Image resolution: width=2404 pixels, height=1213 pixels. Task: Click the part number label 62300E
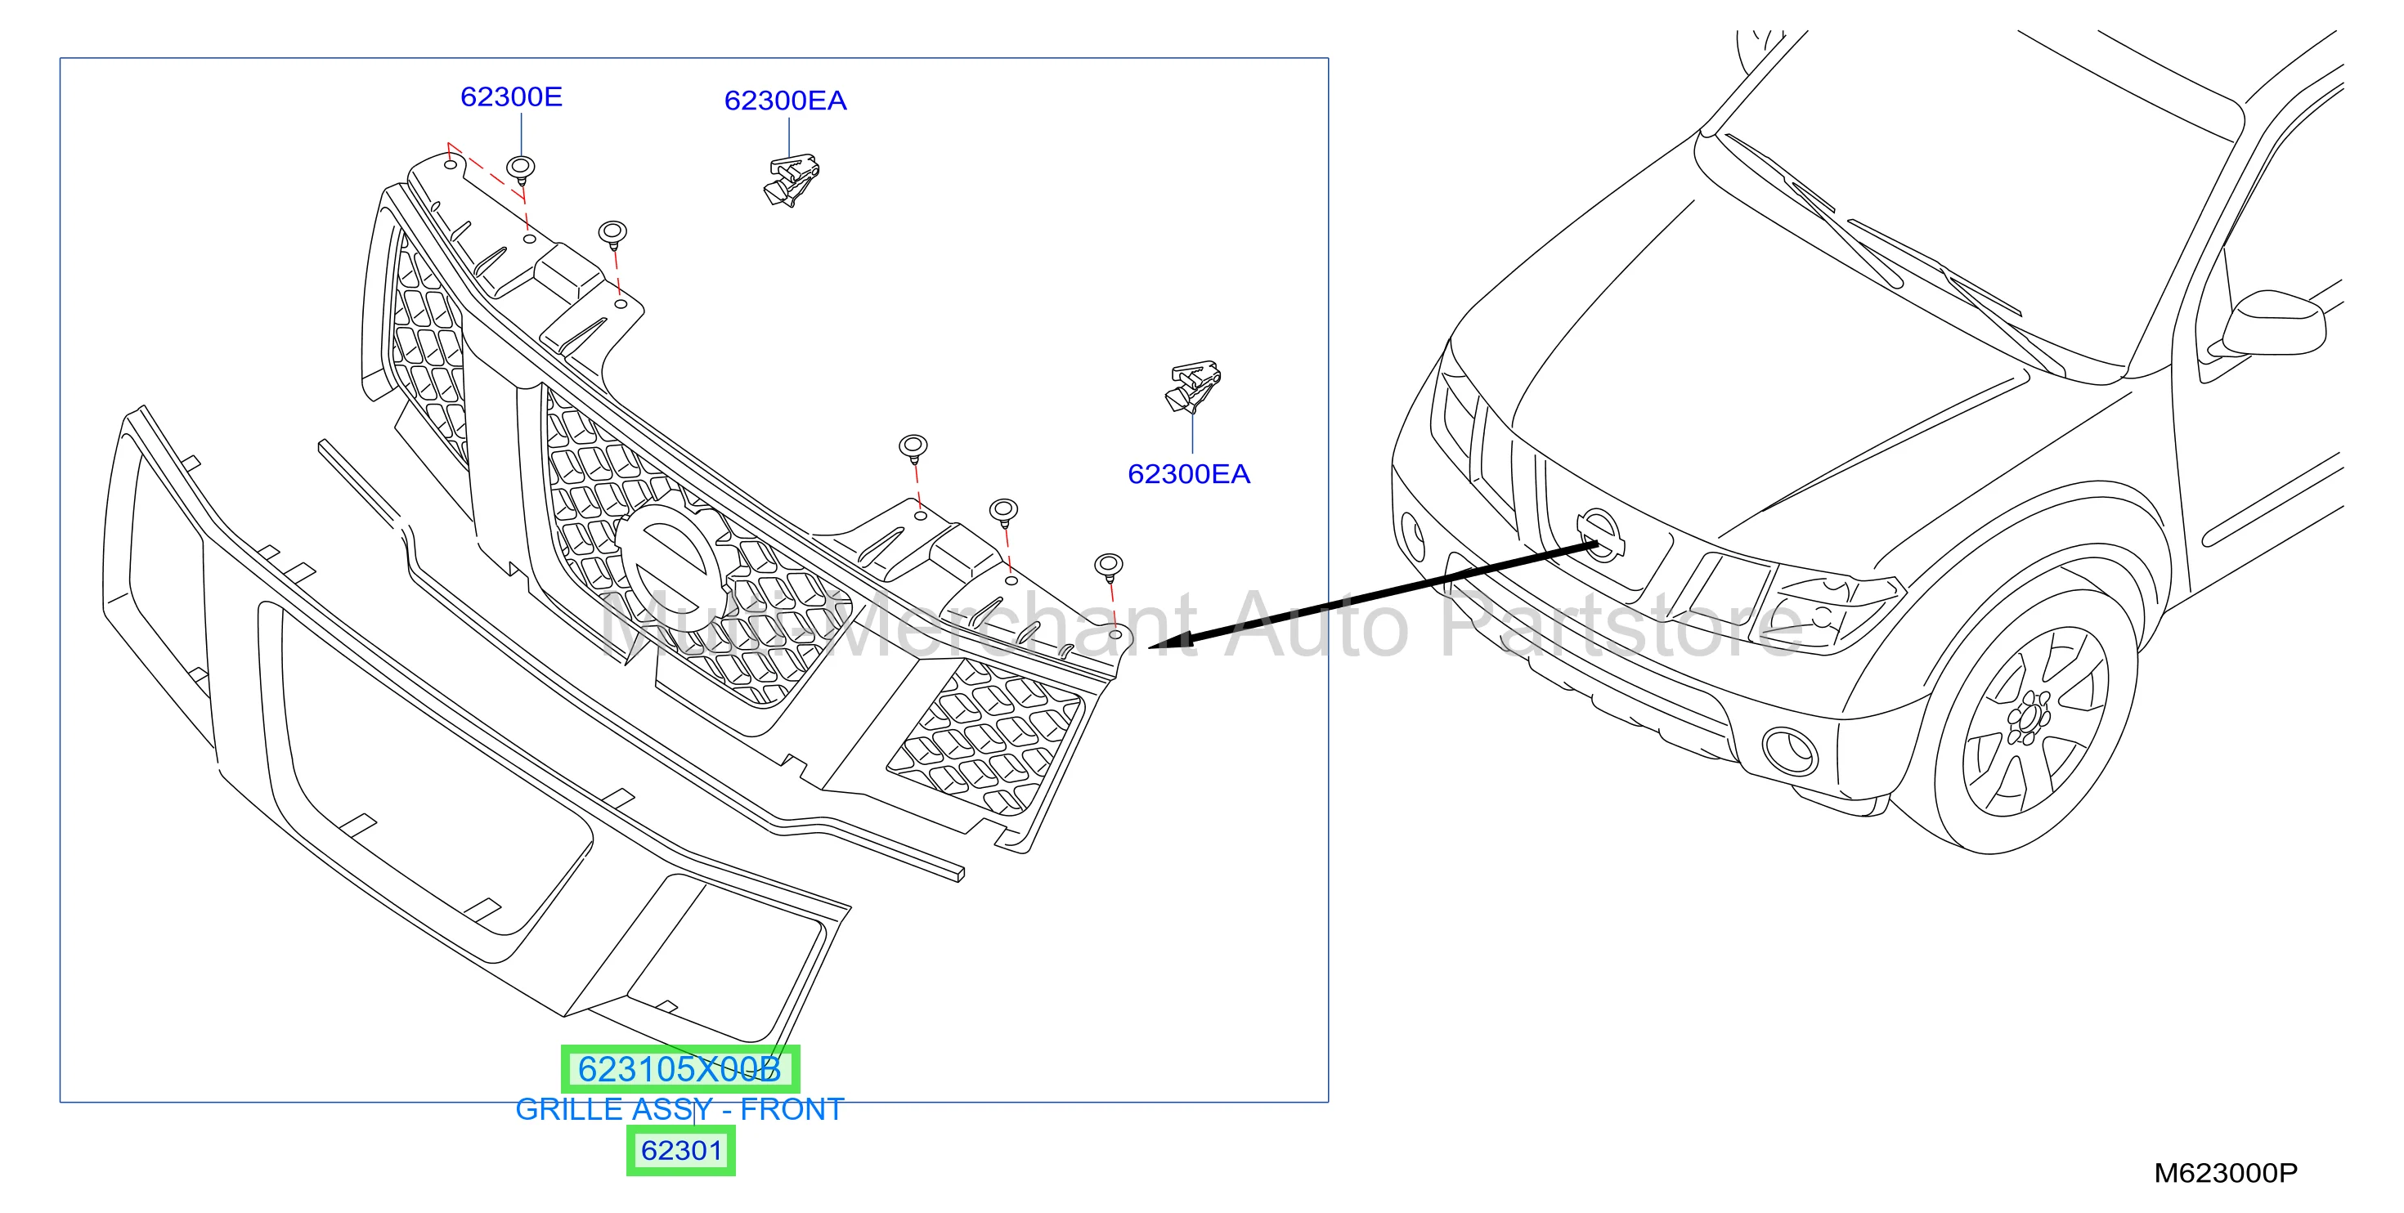511,97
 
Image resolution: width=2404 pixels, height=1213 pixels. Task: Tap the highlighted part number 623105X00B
679,1069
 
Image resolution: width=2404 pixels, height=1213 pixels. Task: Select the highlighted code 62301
681,1151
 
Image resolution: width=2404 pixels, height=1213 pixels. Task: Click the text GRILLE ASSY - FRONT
679,1109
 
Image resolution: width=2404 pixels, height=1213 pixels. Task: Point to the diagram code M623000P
2226,1173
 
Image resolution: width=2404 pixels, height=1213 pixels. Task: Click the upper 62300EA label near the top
786,101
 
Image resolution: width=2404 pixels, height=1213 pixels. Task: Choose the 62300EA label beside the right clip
1189,474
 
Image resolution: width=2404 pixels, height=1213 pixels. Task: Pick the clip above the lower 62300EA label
1193,387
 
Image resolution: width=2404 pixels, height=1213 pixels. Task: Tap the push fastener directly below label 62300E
521,171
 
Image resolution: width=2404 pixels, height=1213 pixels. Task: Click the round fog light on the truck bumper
1789,751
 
